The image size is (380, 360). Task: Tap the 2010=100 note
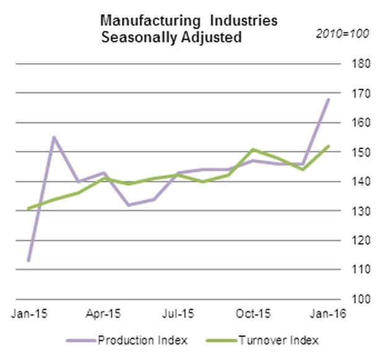coord(342,33)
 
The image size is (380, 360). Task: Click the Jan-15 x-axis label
coord(27,314)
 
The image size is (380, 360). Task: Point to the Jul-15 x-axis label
coord(180,314)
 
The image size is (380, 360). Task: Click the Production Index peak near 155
coord(54,137)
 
